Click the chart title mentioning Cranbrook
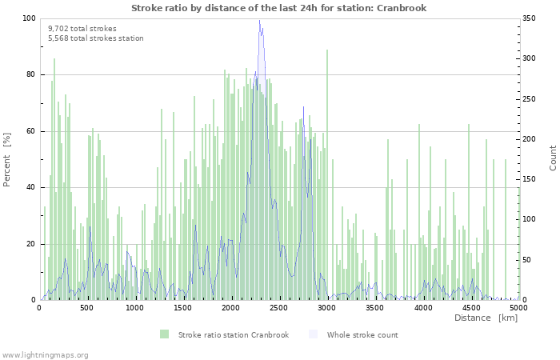(x=279, y=8)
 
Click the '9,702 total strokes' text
(x=82, y=28)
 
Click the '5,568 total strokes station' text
(x=95, y=38)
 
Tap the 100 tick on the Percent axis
(x=30, y=18)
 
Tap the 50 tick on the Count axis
(x=529, y=260)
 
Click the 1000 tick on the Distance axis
(x=134, y=307)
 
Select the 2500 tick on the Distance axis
(x=278, y=307)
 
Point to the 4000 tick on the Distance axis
(x=422, y=307)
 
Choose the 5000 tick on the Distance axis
(x=518, y=307)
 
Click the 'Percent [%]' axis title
(x=7, y=160)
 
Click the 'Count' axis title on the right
(x=553, y=158)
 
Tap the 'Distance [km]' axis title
(x=486, y=318)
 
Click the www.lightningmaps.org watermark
(x=45, y=354)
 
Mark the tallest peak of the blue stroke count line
(x=259, y=21)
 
